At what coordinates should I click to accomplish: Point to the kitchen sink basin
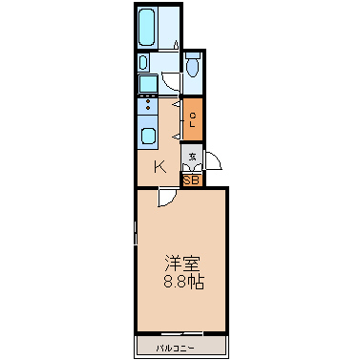pos(148,135)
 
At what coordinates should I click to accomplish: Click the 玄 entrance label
pos(192,157)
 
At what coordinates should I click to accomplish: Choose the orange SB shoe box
pos(191,179)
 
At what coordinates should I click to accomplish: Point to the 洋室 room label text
pos(180,264)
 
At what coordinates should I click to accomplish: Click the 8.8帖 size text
pos(180,283)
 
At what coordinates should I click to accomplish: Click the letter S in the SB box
pos(187,179)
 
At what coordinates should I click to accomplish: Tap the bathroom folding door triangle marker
pos(178,45)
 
